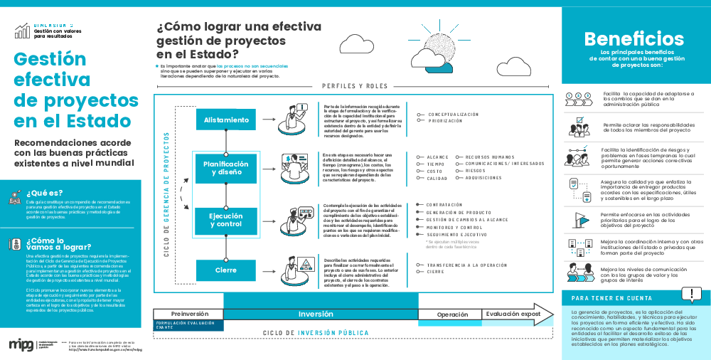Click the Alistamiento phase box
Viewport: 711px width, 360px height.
(x=226, y=120)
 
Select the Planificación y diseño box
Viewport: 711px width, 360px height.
(x=226, y=168)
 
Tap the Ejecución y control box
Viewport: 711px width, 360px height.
(x=226, y=220)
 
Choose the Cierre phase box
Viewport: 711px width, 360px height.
(x=226, y=270)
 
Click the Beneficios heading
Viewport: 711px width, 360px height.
(x=634, y=38)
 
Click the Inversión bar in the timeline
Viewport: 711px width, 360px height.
(x=316, y=314)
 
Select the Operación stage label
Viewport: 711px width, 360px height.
(x=452, y=314)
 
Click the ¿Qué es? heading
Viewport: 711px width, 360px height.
(x=45, y=192)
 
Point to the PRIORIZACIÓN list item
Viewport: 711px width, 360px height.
(x=445, y=121)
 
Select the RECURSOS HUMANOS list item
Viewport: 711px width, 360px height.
(x=490, y=157)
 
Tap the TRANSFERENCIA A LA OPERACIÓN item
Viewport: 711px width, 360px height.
(x=466, y=265)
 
